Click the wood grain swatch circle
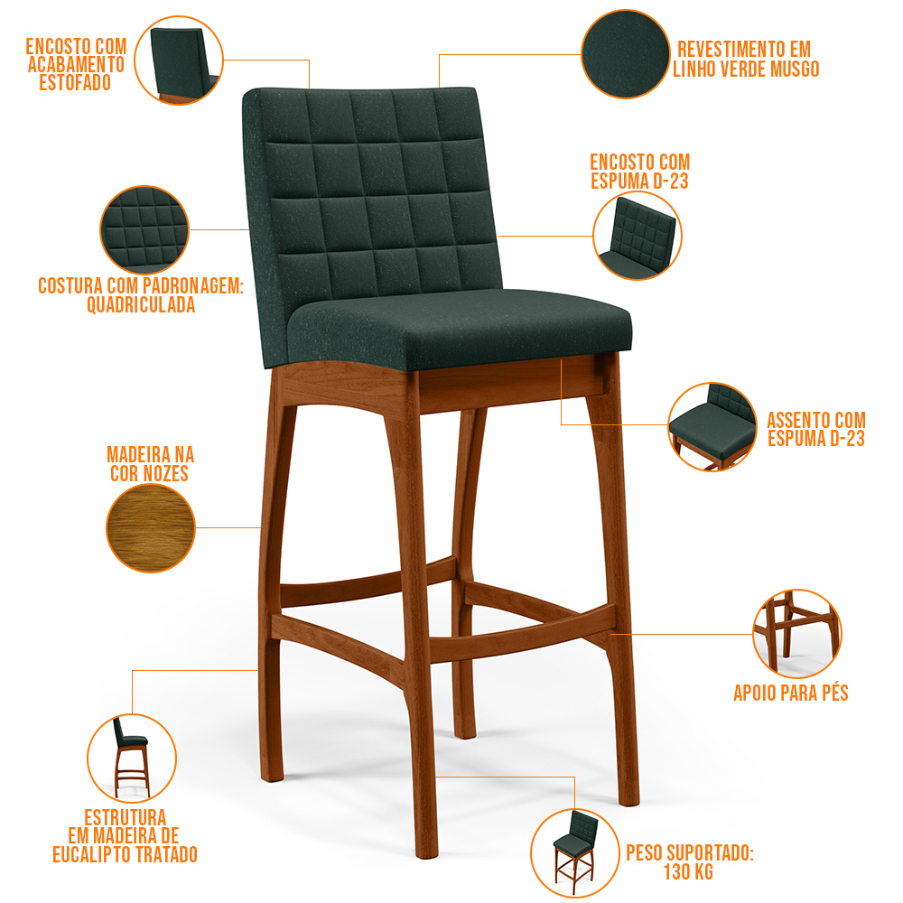[151, 528]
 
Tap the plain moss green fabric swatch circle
[626, 53]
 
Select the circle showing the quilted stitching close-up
[144, 229]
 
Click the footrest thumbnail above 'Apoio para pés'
[797, 634]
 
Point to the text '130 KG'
[689, 872]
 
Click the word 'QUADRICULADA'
[141, 304]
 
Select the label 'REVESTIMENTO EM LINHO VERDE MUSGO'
[746, 59]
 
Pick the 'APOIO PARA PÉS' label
[791, 693]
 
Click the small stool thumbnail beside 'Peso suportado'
[574, 853]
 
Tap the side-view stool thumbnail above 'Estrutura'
[132, 758]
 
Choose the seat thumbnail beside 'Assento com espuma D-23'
[712, 426]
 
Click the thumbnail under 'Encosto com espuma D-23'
[638, 236]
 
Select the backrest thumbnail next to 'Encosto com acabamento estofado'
[179, 60]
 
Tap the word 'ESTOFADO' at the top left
[75, 83]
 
